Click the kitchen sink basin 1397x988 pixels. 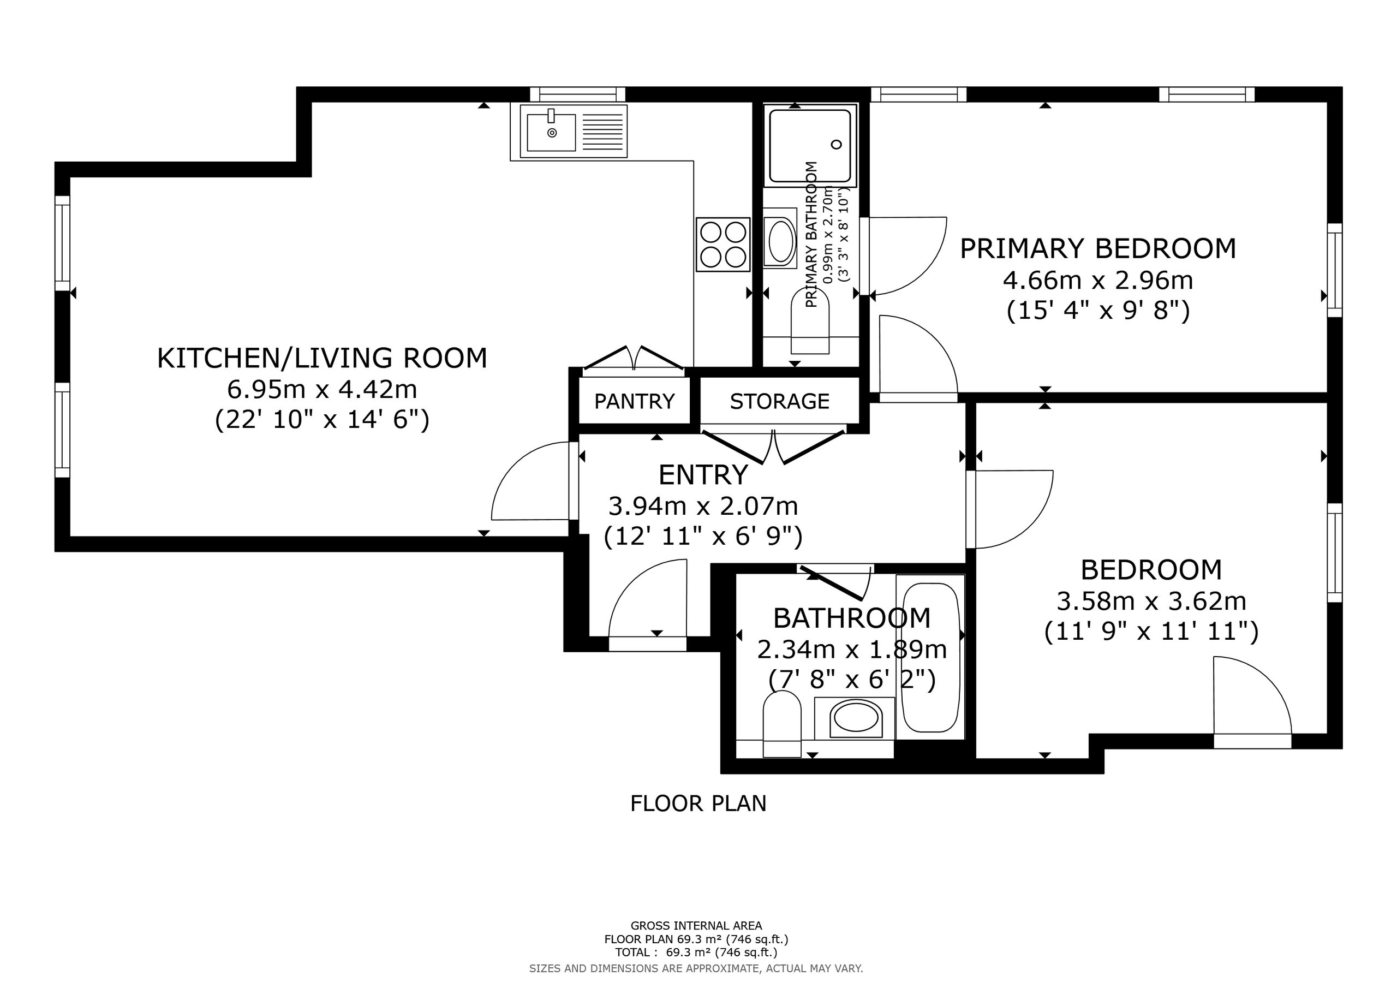[551, 132]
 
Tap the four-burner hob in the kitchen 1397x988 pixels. [723, 244]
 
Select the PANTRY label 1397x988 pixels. [635, 401]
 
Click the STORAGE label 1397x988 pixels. [779, 401]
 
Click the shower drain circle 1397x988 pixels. [837, 144]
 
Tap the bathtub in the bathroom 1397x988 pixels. [930, 657]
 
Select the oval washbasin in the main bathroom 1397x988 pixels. [856, 718]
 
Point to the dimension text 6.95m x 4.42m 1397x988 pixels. [322, 389]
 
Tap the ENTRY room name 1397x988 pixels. [703, 475]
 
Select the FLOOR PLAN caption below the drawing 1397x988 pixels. [698, 804]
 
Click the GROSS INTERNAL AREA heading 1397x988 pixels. [696, 926]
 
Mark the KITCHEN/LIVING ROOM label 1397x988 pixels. [322, 358]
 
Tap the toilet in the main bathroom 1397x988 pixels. [782, 724]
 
